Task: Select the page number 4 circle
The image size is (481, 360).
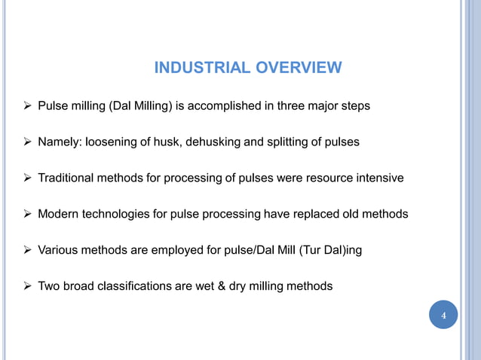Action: (x=443, y=315)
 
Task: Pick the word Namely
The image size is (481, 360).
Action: (x=60, y=142)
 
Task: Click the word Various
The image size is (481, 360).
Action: (x=59, y=250)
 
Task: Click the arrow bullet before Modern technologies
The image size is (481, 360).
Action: (x=26, y=215)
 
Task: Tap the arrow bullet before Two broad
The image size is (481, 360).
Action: (x=26, y=286)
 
